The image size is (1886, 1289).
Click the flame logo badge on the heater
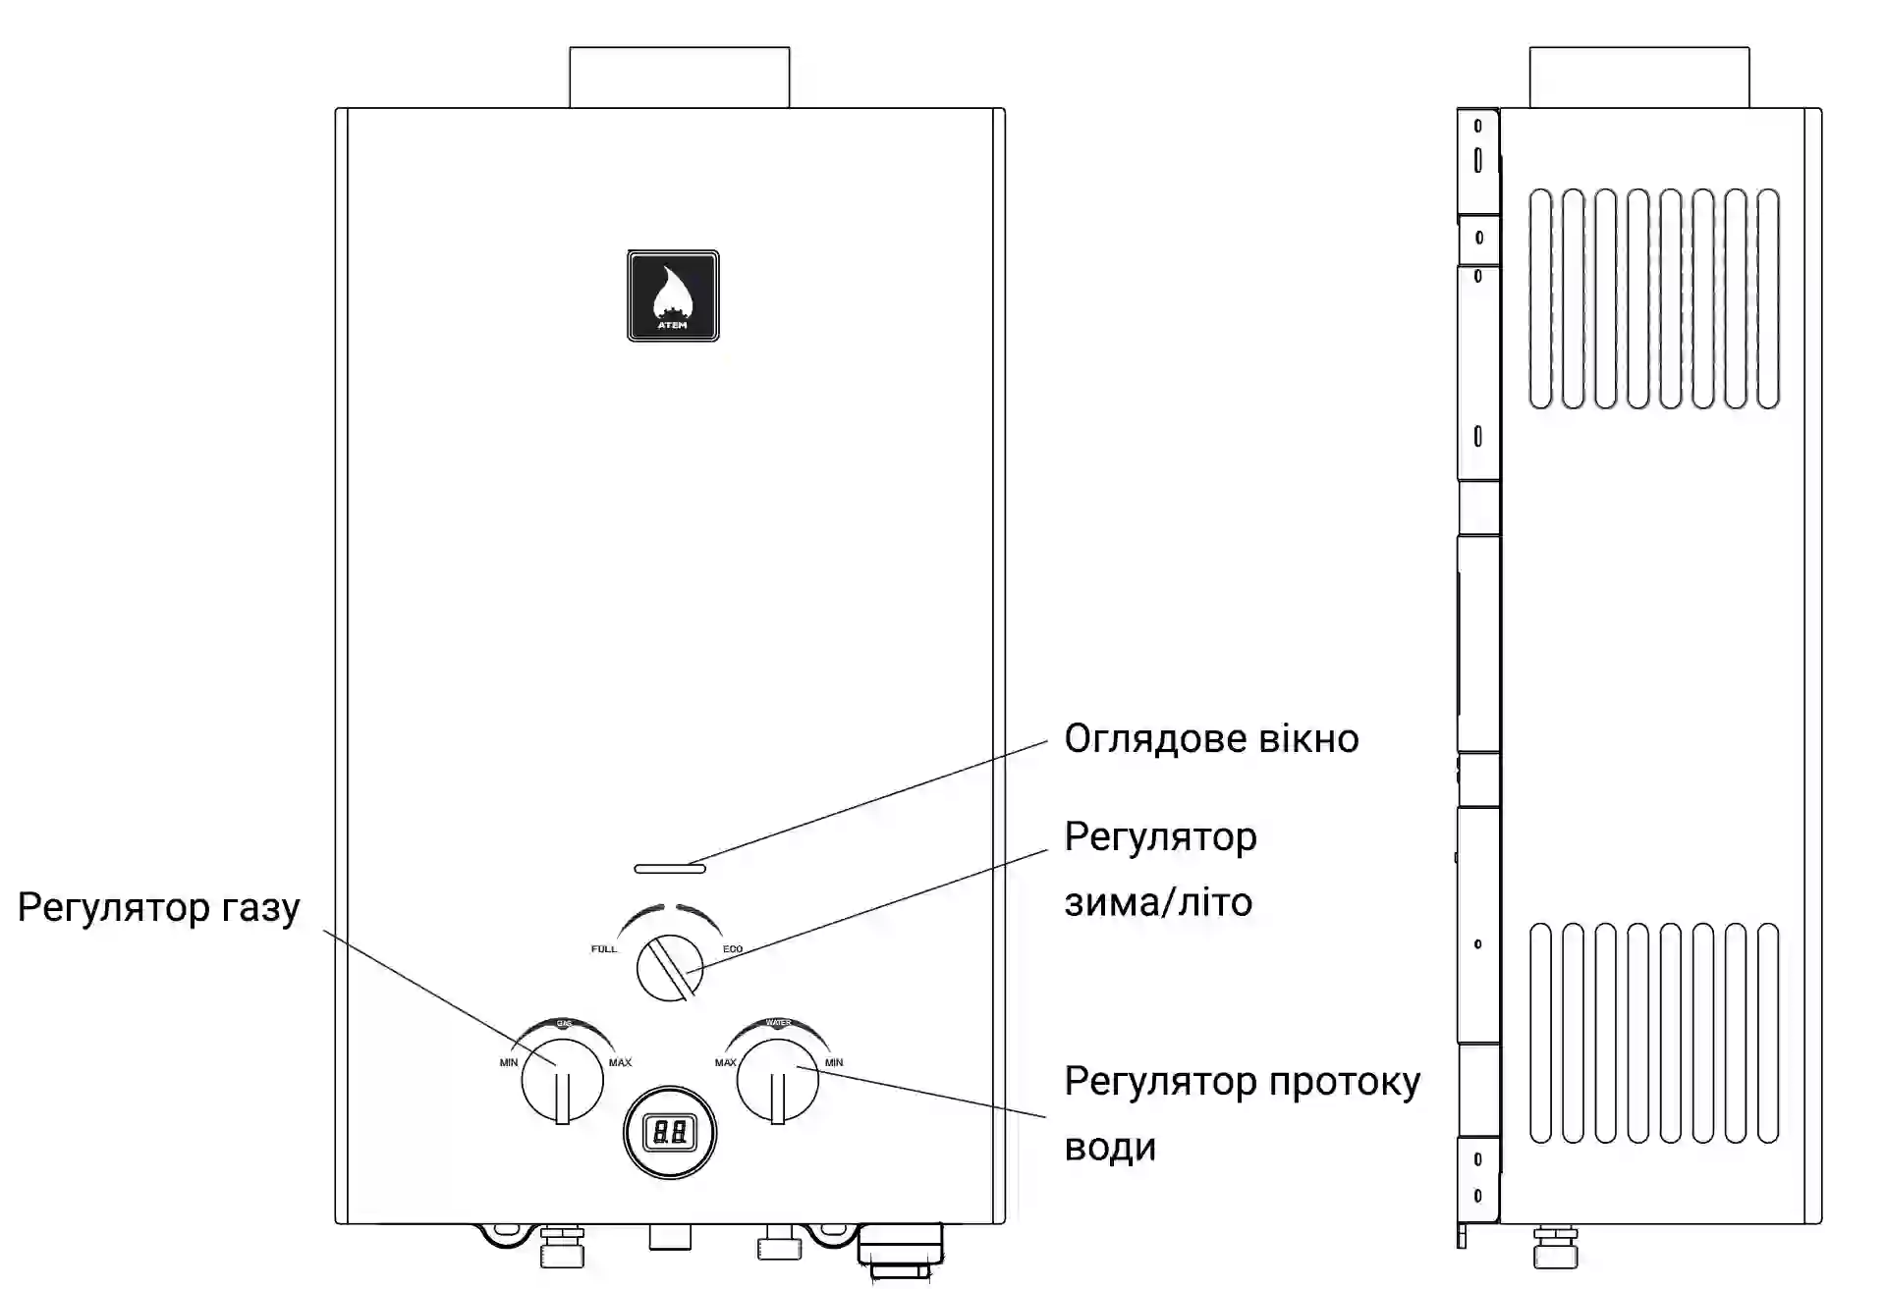673,295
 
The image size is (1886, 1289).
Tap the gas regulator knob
562,1081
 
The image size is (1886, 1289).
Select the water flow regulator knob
777,1081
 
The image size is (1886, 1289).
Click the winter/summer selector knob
670,967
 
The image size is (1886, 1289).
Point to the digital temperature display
670,1133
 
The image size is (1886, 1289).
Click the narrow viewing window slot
670,869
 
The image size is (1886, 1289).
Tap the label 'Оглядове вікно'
1211,739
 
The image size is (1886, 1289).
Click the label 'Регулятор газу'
159,908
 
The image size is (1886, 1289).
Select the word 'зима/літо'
1158,902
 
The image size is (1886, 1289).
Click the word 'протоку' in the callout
1345,1082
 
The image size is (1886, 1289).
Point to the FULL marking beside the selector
604,949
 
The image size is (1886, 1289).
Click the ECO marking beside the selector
733,949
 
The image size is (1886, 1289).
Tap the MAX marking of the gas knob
620,1062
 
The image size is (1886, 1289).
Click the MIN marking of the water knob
834,1062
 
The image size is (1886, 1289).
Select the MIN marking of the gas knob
509,1062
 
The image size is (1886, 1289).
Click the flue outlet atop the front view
679,78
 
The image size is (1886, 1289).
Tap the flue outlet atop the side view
1638,78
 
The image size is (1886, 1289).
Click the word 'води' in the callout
1110,1148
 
